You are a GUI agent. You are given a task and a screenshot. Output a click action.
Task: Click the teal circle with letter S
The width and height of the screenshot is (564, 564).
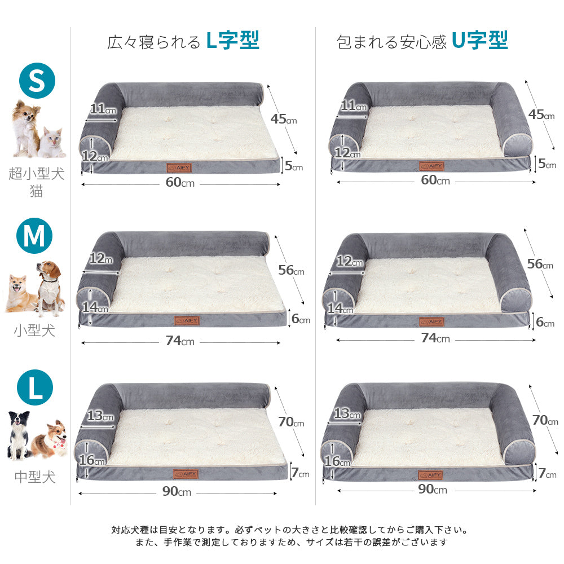click(x=37, y=80)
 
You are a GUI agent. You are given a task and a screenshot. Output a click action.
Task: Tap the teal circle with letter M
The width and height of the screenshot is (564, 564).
click(x=34, y=236)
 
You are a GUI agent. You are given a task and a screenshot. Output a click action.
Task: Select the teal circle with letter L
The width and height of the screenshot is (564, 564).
click(x=35, y=387)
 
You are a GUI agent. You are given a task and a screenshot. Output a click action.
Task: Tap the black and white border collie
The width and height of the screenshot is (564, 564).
click(x=19, y=435)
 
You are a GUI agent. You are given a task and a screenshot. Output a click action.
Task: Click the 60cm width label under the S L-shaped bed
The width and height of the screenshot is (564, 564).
click(x=180, y=182)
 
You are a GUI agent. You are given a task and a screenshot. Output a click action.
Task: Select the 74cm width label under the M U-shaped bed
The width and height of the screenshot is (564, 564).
click(x=435, y=338)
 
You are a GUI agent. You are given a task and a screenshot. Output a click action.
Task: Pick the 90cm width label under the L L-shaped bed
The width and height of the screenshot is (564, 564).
click(x=177, y=491)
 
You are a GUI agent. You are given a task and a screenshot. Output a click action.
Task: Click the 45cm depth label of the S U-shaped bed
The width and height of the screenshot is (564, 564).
click(x=541, y=114)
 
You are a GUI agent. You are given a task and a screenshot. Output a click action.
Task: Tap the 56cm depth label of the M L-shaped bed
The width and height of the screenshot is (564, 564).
click(x=291, y=270)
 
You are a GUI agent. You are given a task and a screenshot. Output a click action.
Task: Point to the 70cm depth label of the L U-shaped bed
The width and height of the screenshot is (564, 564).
click(x=545, y=420)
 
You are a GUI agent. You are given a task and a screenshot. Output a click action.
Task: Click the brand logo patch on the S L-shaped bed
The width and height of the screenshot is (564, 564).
click(x=179, y=168)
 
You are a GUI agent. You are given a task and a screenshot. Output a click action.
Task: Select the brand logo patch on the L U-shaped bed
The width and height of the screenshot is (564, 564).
click(x=430, y=475)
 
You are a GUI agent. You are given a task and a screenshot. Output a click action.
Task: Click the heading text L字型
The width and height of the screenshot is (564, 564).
click(x=233, y=40)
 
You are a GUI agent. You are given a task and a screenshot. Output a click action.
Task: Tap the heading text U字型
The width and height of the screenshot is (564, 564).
click(x=480, y=40)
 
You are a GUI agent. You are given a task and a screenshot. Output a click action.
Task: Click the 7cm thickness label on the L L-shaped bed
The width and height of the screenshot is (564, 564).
click(x=301, y=473)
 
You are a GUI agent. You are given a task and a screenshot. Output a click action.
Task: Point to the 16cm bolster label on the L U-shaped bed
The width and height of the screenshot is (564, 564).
click(x=337, y=461)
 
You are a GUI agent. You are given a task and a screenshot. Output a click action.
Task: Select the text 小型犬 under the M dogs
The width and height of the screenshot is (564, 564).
click(x=34, y=330)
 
